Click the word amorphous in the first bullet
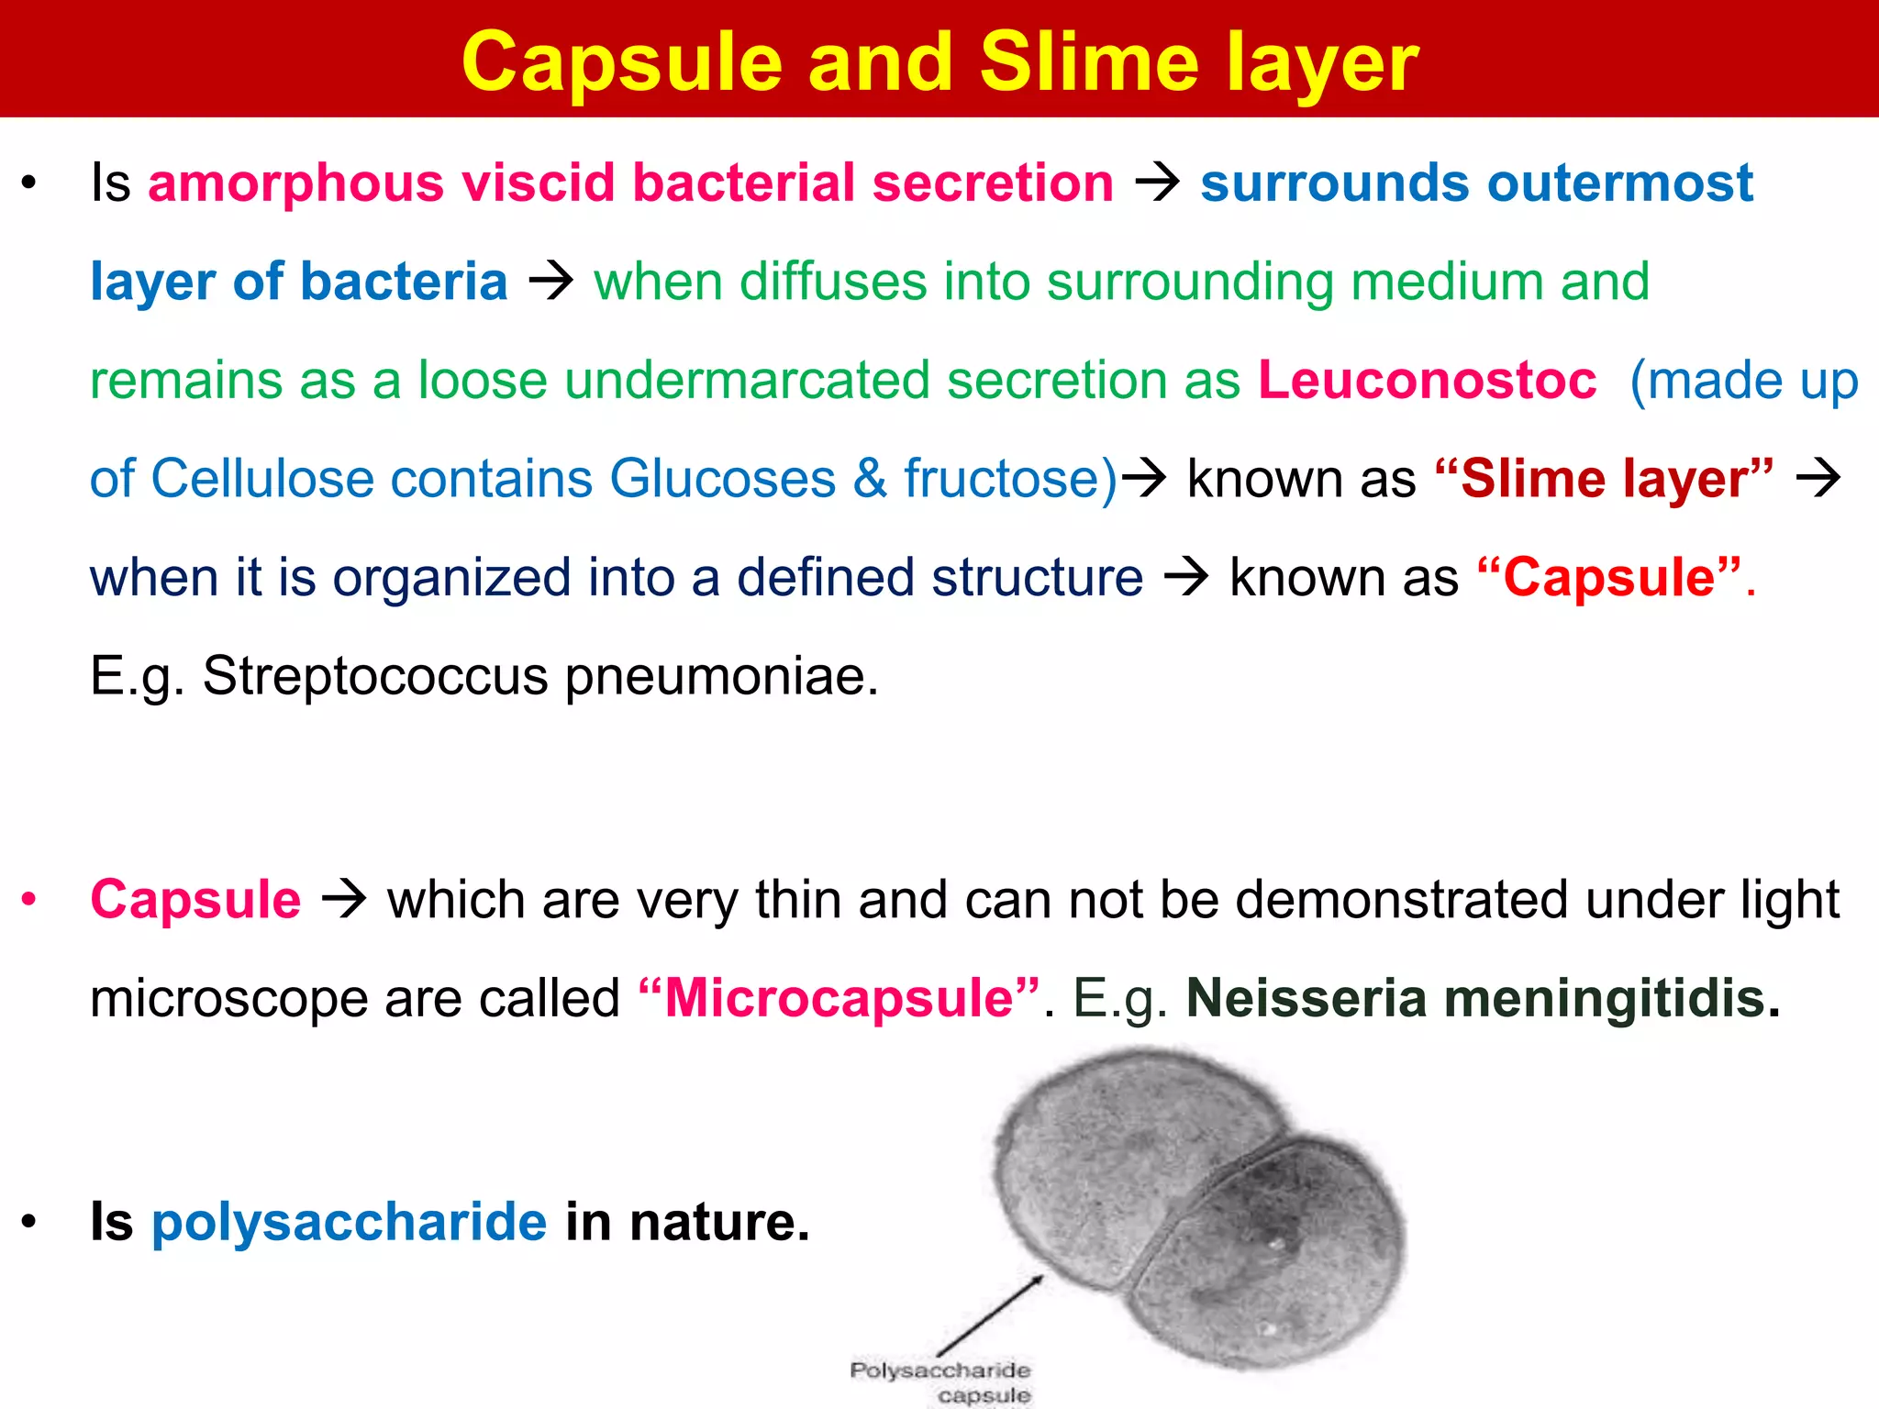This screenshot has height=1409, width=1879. tap(295, 183)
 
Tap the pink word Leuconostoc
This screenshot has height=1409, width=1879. tap(1427, 380)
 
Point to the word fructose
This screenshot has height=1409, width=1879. tap(1009, 479)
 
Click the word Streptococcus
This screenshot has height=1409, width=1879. tap(375, 676)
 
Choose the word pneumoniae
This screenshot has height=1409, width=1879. tap(721, 676)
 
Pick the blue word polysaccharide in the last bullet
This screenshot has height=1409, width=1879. tap(349, 1222)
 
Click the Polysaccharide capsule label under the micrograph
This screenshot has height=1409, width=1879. tap(940, 1381)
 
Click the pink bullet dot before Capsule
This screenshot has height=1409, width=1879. tap(29, 899)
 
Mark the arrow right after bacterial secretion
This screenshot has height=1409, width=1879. tap(1157, 183)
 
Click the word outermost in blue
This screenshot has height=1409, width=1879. tap(1620, 183)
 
